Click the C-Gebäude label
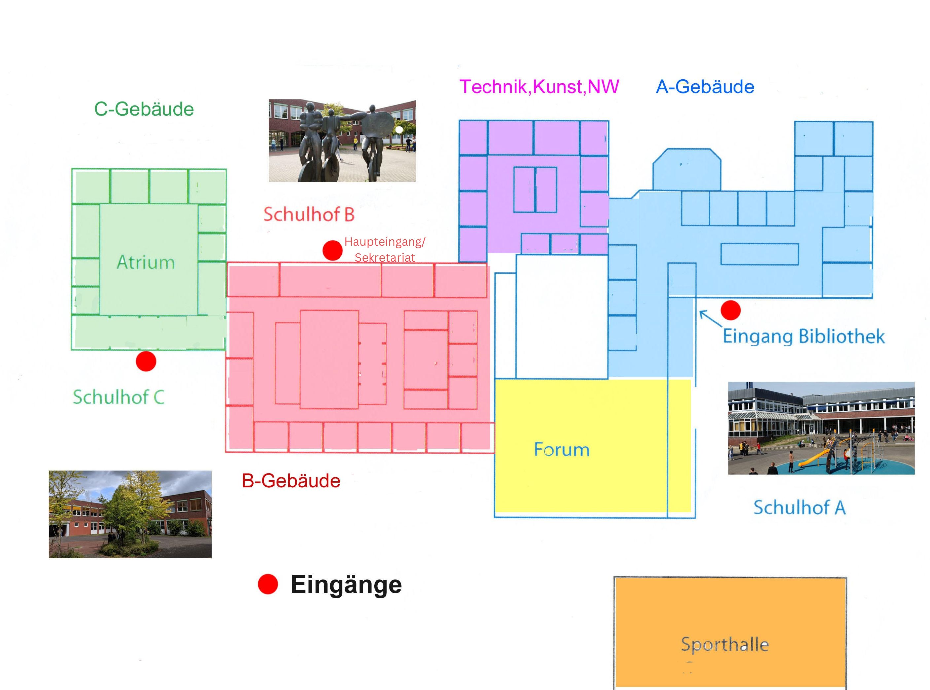144,109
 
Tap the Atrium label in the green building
146,262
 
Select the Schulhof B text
309,215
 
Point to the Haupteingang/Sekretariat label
385,250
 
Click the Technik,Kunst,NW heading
539,87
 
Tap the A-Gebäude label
705,87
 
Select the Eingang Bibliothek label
804,337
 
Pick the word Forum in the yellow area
562,450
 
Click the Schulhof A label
800,507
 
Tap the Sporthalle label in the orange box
725,644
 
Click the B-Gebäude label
291,481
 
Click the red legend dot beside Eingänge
268,584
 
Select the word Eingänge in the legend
346,585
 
